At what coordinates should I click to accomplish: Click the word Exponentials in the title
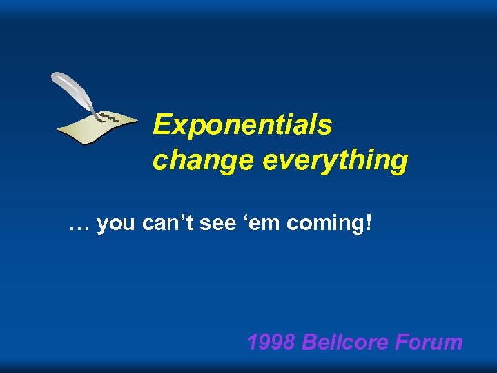[242, 125]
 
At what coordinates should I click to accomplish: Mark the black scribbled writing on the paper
[109, 119]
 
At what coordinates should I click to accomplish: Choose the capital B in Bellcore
[310, 341]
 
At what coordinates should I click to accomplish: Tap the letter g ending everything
[399, 162]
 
